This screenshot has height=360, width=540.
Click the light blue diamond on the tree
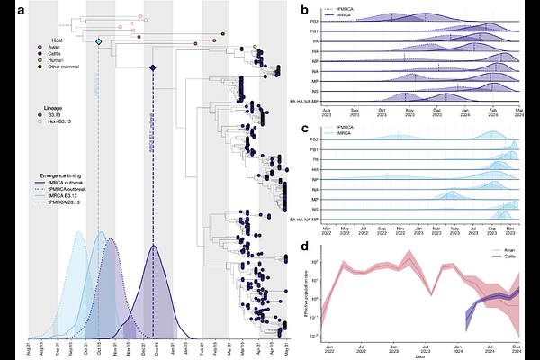pyautogui.click(x=99, y=41)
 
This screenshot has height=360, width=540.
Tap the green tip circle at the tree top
pyautogui.click(x=222, y=34)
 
